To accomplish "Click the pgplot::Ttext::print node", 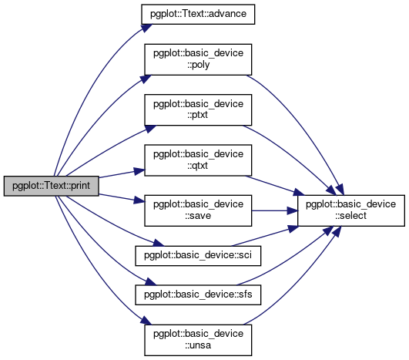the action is tap(51, 186).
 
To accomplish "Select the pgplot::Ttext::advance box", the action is tap(198, 15).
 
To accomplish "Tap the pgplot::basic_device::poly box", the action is tap(198, 59).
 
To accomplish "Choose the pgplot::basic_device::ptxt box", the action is tap(198, 110).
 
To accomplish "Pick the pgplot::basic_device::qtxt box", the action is tap(198, 160).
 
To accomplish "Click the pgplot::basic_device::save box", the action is tap(198, 210).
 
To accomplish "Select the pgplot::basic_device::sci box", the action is tap(198, 256).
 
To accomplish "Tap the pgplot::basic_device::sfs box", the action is tap(198, 294).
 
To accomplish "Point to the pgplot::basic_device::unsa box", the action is tap(198, 340).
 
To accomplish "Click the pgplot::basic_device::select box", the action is tap(351, 210).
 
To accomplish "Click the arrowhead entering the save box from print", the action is tap(139, 200).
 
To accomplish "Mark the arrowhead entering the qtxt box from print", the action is tap(139, 171).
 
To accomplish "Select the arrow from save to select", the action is tap(275, 210).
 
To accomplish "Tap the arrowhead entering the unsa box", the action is tap(146, 321).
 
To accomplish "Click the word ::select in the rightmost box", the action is tap(351, 216).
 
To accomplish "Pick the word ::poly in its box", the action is tap(198, 65).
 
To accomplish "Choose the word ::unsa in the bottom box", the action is tap(198, 345).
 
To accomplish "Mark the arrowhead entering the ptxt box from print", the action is tap(150, 129).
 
